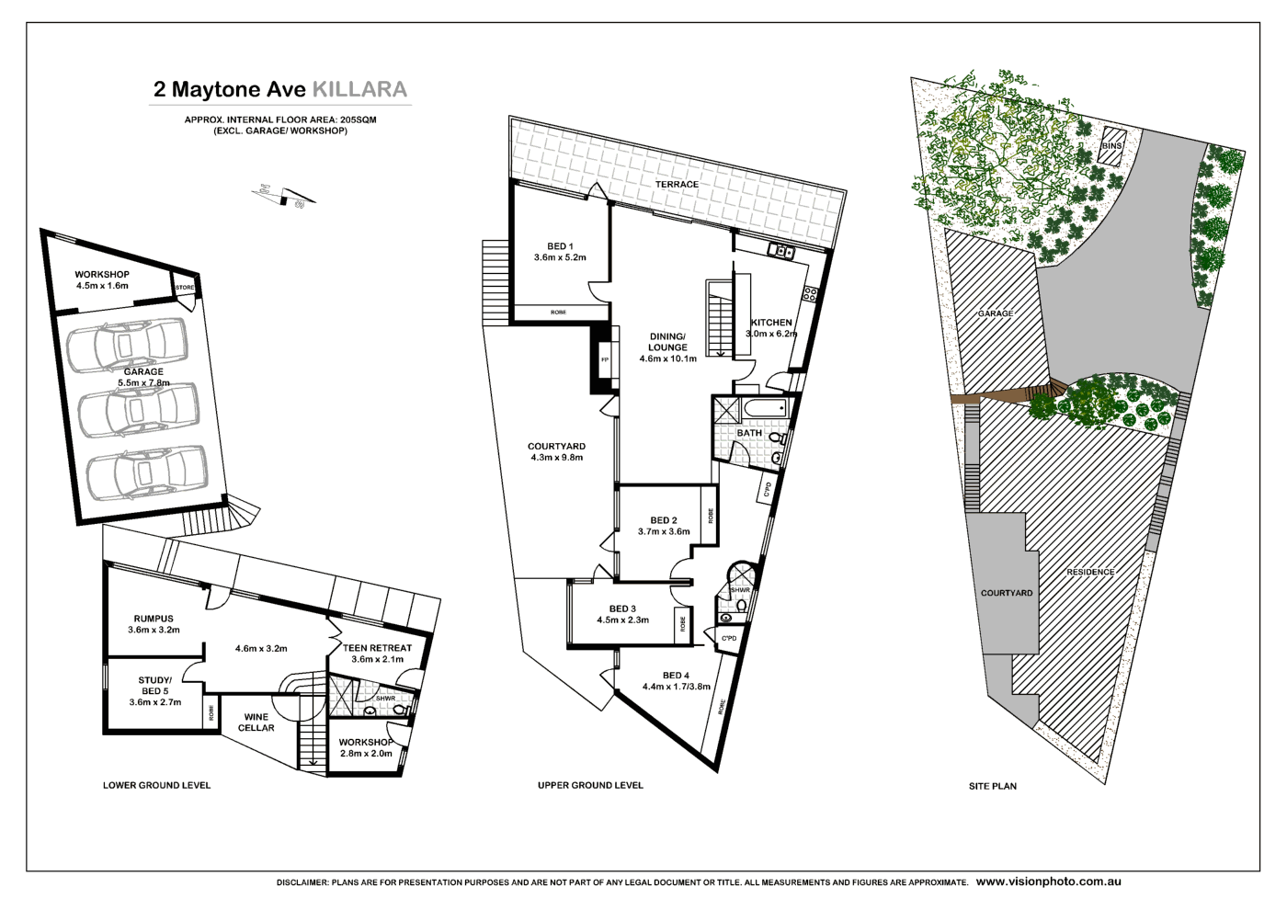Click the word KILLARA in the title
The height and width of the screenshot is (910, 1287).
(x=359, y=89)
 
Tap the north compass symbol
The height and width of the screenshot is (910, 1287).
(x=285, y=196)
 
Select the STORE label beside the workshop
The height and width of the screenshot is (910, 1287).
(x=185, y=288)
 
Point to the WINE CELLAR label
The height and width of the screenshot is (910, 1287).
(x=256, y=722)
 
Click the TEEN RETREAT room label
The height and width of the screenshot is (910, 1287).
(x=377, y=648)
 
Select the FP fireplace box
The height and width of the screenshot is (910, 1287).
(x=605, y=359)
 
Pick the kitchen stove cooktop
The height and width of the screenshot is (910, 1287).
(x=810, y=295)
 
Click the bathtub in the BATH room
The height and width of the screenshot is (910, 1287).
(x=765, y=408)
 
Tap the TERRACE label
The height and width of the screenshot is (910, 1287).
(x=677, y=185)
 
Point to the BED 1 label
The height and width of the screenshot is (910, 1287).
(x=560, y=246)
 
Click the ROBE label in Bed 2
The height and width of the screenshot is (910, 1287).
(x=710, y=517)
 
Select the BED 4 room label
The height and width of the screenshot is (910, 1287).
(x=676, y=676)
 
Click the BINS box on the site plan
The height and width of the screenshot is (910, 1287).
(x=1111, y=146)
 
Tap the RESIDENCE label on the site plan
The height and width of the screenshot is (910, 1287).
(x=1090, y=572)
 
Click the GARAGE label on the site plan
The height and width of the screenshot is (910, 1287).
(x=995, y=313)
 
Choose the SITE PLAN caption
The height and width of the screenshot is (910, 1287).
(x=993, y=786)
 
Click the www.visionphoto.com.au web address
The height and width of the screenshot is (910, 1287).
(x=1048, y=882)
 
